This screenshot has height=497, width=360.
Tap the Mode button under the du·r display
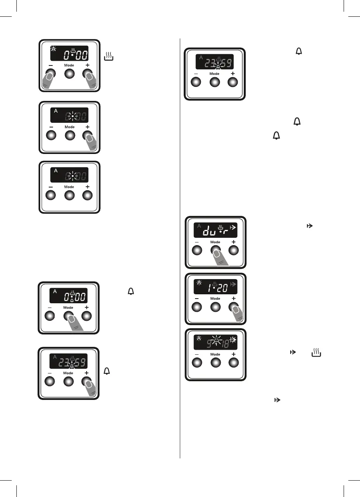click(215, 250)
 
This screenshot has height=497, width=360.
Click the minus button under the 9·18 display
click(197, 362)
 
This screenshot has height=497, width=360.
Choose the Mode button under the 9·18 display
click(215, 362)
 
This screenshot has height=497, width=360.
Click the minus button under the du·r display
click(197, 250)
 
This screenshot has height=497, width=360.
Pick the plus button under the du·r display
click(234, 250)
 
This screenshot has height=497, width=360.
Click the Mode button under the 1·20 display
click(215, 306)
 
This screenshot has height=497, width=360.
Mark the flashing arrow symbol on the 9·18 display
click(233, 340)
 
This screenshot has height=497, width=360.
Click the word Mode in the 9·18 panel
click(215, 354)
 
